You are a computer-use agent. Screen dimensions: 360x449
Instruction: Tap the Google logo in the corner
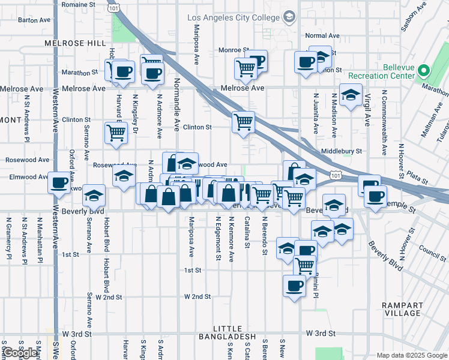coord(20,353)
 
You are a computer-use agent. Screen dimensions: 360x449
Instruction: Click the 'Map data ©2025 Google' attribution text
coord(411,355)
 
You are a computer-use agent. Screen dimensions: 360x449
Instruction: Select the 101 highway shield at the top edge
coord(112,7)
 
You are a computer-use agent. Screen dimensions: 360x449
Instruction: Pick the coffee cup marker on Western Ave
coord(59,182)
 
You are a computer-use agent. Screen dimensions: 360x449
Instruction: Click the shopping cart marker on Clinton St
coord(243,122)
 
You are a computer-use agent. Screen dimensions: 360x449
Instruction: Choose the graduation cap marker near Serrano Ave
coord(93,195)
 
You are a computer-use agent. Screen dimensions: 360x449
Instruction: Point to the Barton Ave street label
coord(34,20)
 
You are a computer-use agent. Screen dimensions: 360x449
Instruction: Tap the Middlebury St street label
coord(342,152)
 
